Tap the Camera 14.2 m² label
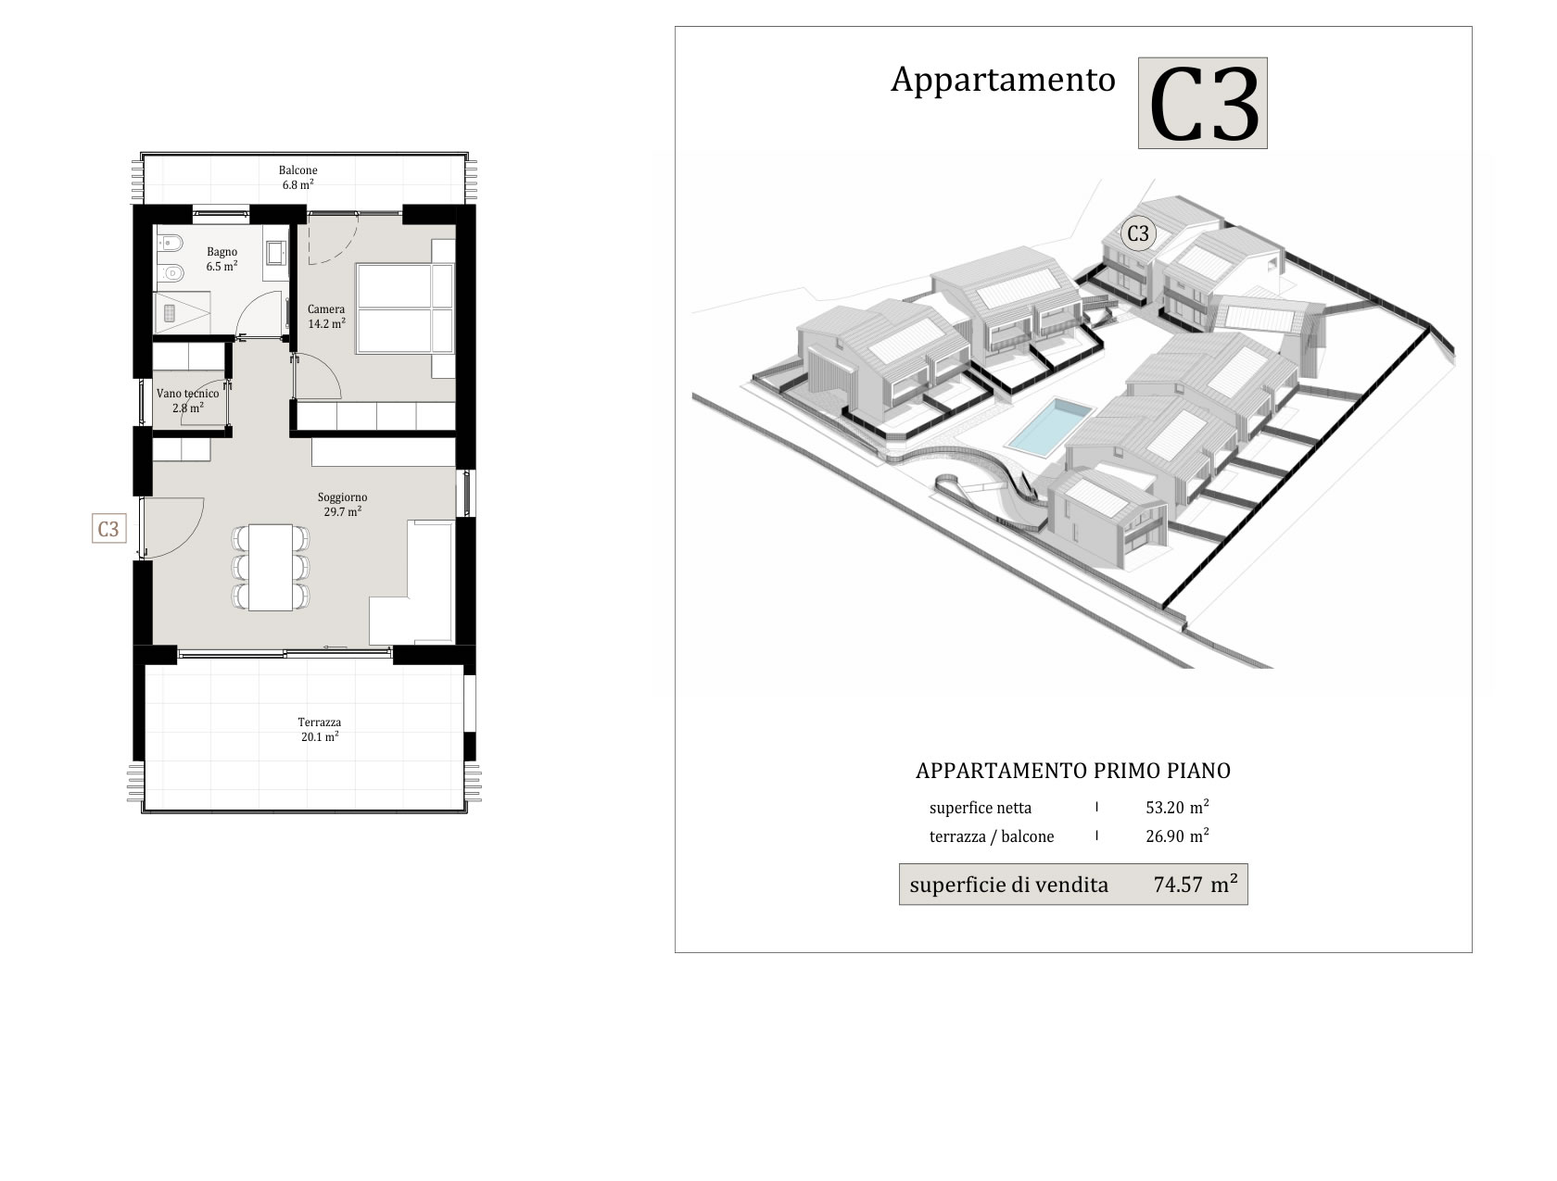pyautogui.click(x=326, y=316)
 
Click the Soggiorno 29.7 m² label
pyautogui.click(x=343, y=504)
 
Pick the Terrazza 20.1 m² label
pyautogui.click(x=320, y=730)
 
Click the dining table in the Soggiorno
pyautogui.click(x=271, y=567)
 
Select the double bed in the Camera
pyautogui.click(x=405, y=308)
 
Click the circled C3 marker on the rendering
pyautogui.click(x=1138, y=233)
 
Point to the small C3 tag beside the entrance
pyautogui.click(x=108, y=529)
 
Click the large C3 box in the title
pyautogui.click(x=1202, y=104)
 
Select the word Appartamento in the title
pyautogui.click(x=1003, y=80)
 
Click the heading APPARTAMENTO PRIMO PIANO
pyautogui.click(x=1072, y=771)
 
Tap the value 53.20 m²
pyautogui.click(x=1177, y=807)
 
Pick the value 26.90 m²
pyautogui.click(x=1177, y=835)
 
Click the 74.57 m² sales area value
pyautogui.click(x=1196, y=884)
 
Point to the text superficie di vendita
pyautogui.click(x=1008, y=885)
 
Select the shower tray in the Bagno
pyautogui.click(x=183, y=312)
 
